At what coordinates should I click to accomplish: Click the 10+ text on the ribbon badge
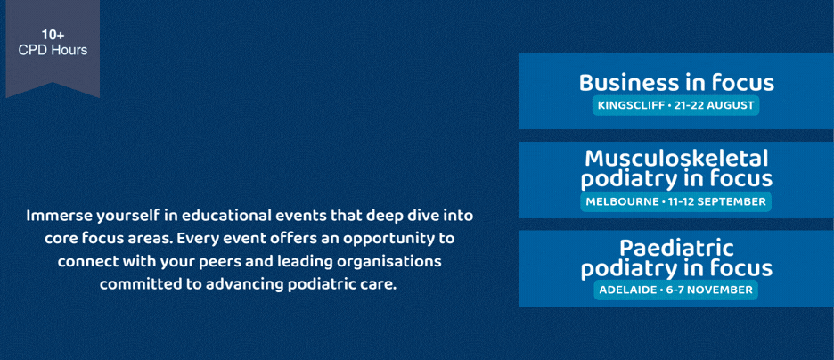[x=53, y=36]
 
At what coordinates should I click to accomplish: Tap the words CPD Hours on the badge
[x=53, y=51]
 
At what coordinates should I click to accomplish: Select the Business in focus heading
[x=676, y=83]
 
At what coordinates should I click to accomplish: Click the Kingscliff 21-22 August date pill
[x=676, y=105]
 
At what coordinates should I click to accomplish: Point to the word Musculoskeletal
[x=676, y=159]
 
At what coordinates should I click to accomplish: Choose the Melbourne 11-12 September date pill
[x=675, y=202]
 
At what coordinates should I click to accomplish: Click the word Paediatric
[x=676, y=249]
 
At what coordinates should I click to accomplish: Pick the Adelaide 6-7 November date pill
[x=675, y=290]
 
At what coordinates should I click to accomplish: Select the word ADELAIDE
[x=627, y=290]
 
